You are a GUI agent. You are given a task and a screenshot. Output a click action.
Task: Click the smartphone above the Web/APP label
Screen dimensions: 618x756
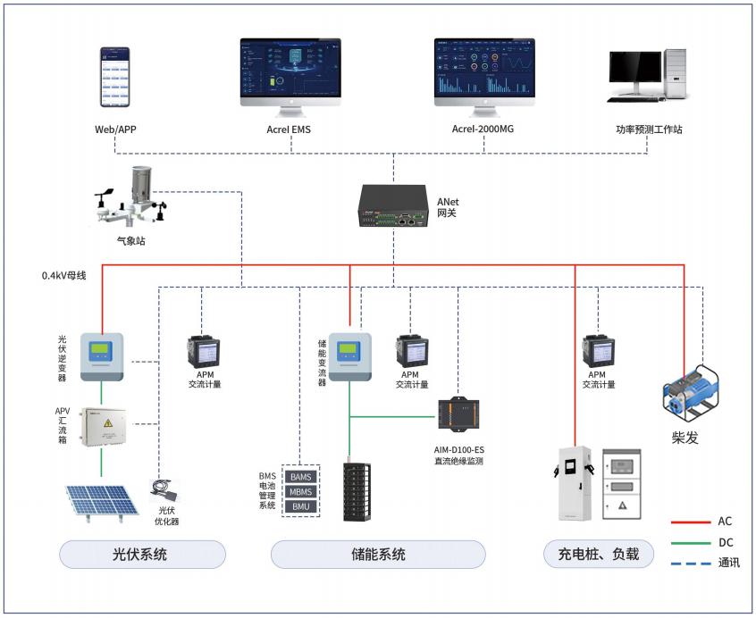click(114, 78)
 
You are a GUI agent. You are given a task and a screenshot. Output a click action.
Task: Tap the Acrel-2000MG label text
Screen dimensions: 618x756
click(483, 129)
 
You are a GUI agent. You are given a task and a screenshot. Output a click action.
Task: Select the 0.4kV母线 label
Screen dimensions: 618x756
click(64, 275)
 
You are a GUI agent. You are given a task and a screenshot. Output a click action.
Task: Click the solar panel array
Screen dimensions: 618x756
click(101, 500)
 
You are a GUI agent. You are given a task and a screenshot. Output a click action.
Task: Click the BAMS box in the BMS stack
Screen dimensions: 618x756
click(301, 477)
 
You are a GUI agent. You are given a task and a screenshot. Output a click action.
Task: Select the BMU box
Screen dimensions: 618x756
click(301, 506)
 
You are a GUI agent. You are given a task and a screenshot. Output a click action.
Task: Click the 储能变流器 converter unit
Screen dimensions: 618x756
click(349, 355)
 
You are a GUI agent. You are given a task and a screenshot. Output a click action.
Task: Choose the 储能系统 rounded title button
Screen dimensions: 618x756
click(378, 555)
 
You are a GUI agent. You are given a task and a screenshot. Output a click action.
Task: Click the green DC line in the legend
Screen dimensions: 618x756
click(689, 542)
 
